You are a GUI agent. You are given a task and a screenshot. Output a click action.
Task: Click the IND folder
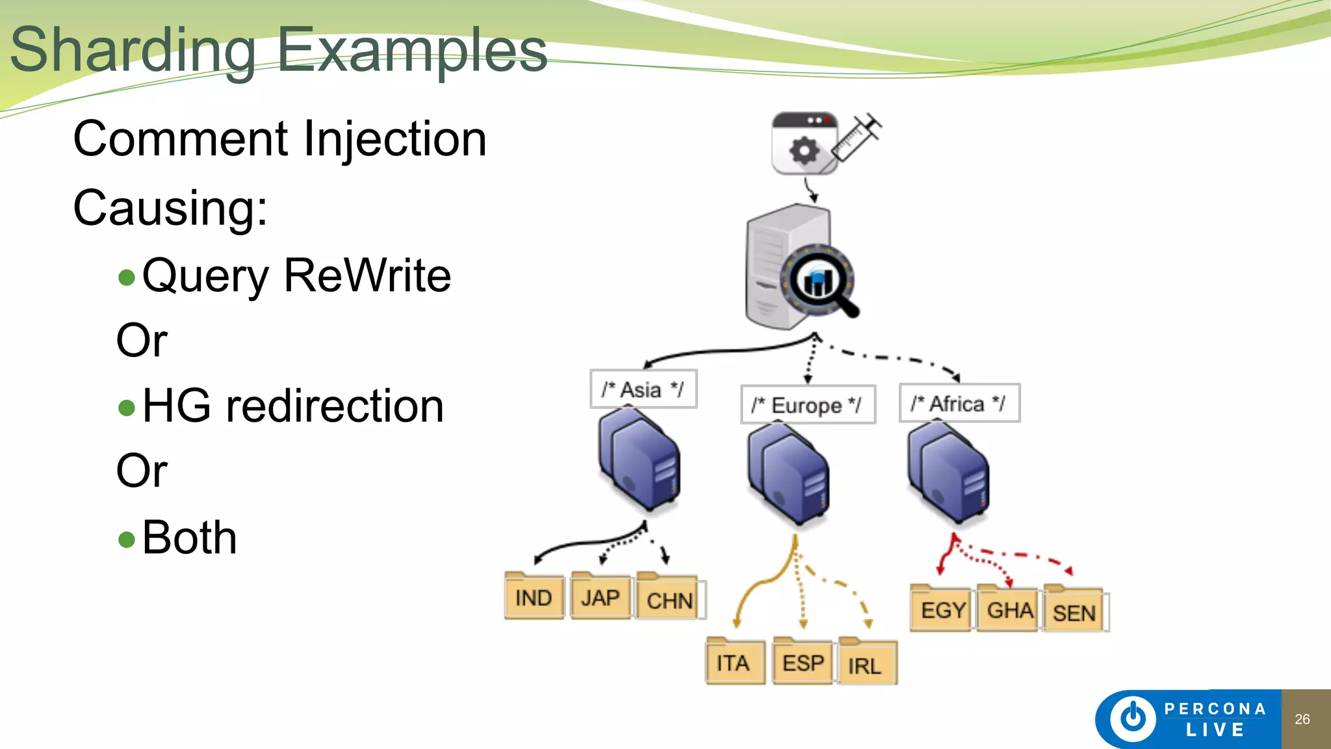534,596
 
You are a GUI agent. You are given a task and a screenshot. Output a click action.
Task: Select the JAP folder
601,596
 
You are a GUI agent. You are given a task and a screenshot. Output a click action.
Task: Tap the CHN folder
669,598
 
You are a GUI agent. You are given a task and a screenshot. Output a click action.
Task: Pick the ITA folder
734,662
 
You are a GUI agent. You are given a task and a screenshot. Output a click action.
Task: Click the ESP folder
803,662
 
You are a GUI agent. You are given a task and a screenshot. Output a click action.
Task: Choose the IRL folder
867,664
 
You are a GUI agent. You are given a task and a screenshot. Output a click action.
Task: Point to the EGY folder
942,609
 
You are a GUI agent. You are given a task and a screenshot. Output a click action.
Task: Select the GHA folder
1009,609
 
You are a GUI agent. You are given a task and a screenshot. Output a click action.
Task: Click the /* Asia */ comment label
643,389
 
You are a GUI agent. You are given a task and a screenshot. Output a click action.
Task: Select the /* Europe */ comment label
807,405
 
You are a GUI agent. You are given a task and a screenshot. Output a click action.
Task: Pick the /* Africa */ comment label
959,404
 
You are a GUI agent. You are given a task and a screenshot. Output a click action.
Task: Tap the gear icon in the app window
804,151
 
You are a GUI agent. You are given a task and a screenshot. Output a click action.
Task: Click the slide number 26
1302,719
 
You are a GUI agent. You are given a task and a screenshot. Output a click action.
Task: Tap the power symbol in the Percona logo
1133,718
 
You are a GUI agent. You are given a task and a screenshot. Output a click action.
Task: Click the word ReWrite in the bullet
367,276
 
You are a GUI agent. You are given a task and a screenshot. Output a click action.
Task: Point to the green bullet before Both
127,539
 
